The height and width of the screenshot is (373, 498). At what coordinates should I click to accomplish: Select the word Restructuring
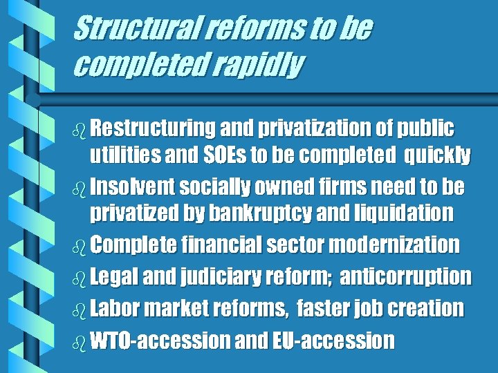pos(153,128)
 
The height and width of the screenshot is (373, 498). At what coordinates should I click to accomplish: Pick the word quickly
pos(437,156)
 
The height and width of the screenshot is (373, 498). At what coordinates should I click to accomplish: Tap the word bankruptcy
pos(274,213)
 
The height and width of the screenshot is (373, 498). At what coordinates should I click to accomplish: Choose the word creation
pos(423,308)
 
